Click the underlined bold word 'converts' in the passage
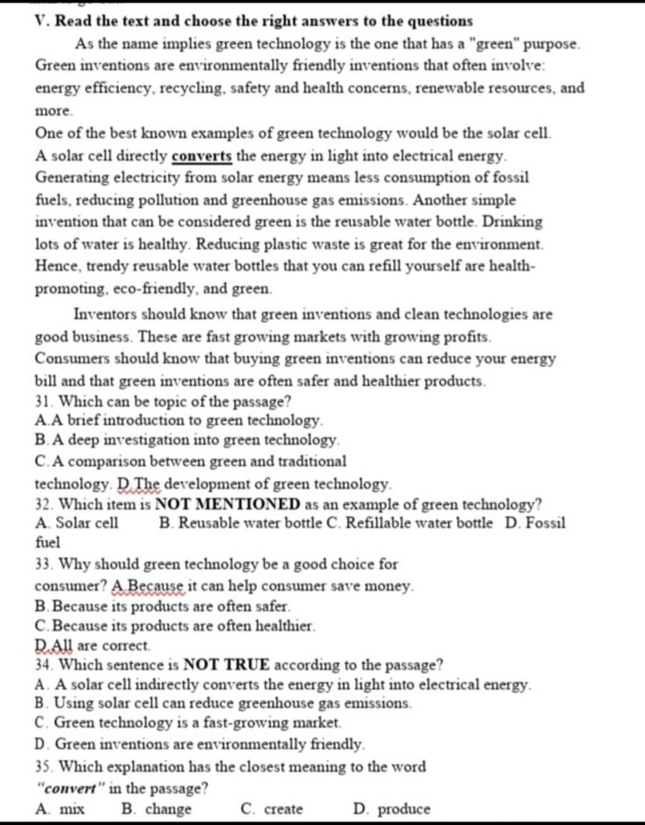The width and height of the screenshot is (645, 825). (202, 155)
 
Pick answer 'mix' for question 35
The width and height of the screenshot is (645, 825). (71, 809)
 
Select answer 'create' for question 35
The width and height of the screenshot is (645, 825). (283, 809)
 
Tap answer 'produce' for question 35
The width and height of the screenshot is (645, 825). (403, 809)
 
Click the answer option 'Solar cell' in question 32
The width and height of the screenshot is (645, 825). (86, 523)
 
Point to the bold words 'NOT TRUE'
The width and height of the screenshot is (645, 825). (227, 665)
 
